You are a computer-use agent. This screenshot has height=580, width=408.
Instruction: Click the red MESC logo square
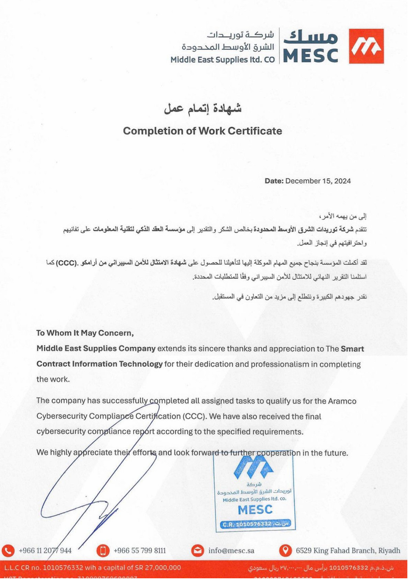coord(366,46)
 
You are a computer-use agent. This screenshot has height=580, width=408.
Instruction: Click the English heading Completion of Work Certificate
coord(202,131)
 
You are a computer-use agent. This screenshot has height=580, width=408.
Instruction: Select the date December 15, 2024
coord(318,181)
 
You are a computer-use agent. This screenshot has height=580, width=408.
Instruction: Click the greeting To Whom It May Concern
coord(85,333)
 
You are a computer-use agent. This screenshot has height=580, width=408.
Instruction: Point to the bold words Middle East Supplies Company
coord(96,348)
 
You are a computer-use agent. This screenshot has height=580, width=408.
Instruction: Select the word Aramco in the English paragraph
coord(342,401)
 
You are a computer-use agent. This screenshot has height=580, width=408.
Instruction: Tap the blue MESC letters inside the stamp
coord(255,510)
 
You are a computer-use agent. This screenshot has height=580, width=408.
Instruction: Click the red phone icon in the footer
coord(8,550)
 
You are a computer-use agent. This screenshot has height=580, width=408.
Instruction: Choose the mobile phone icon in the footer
coord(103,550)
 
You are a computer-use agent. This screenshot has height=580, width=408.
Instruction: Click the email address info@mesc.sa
coord(231,550)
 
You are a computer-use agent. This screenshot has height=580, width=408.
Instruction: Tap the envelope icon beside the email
coord(197,550)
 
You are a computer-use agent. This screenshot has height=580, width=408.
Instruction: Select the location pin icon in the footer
coord(285,550)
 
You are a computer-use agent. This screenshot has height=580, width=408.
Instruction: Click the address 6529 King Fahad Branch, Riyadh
coord(348,550)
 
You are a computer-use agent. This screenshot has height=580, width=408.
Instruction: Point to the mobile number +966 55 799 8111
coord(139,550)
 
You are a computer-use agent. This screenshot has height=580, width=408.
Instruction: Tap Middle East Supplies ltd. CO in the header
coord(223,60)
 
